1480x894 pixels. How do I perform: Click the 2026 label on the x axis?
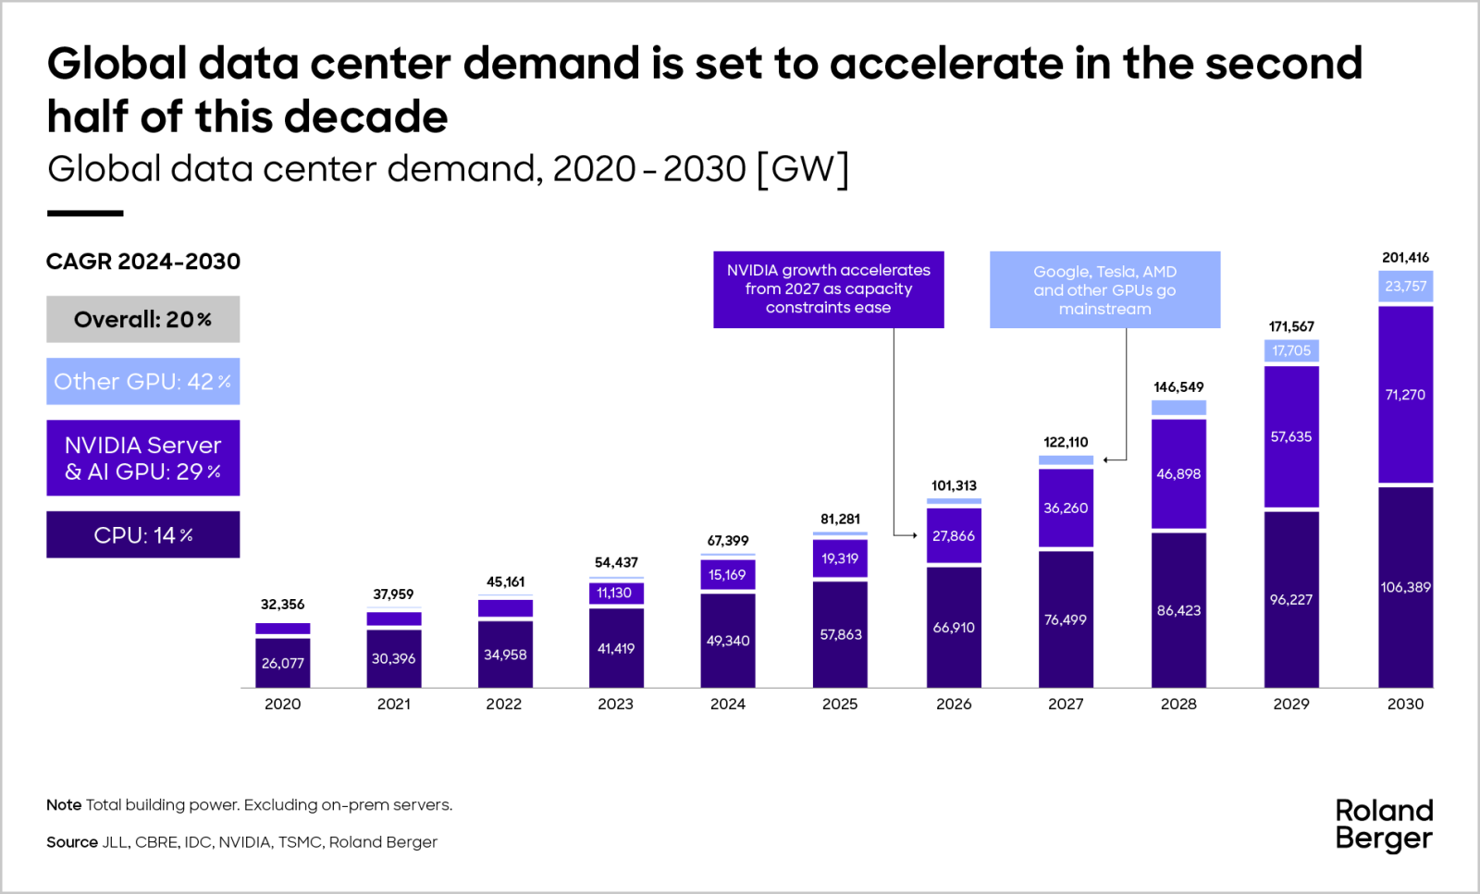[954, 704]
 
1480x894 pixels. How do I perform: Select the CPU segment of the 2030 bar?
[1405, 587]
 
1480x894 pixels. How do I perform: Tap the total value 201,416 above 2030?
[1405, 257]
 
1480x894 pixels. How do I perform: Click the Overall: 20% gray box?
[143, 319]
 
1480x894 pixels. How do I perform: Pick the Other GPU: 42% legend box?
[143, 381]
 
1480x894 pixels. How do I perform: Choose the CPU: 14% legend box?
[143, 534]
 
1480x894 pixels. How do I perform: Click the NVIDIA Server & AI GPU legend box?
[143, 458]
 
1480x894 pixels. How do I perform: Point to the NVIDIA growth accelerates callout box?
[828, 288]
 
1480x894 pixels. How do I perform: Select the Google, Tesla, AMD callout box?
[1104, 289]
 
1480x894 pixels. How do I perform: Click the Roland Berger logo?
[1384, 824]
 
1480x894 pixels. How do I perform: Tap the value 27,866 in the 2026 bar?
[954, 535]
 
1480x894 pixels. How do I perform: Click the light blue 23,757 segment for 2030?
[1405, 286]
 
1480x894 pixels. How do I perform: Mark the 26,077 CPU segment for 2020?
[282, 663]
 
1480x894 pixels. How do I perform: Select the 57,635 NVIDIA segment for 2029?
[1291, 436]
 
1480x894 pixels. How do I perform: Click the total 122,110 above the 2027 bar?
[1066, 442]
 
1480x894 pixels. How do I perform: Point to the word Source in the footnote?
[71, 842]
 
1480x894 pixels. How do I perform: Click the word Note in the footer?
[64, 805]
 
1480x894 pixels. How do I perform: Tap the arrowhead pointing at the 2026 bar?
[914, 535]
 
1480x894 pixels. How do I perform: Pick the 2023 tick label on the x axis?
[615, 704]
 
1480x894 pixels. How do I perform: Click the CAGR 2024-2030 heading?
[143, 262]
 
